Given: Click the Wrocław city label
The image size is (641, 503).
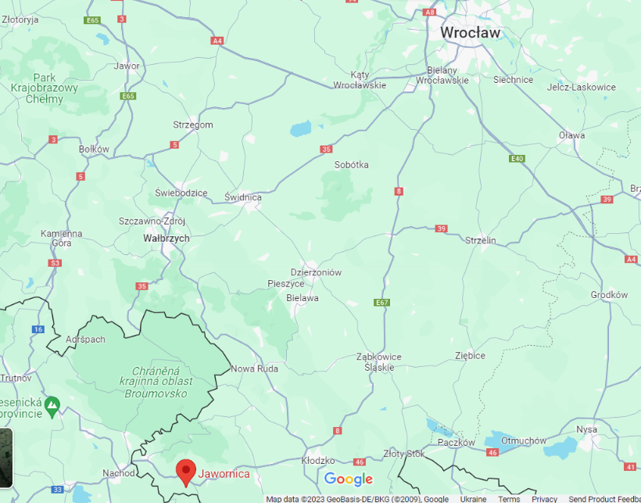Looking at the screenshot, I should (x=470, y=33).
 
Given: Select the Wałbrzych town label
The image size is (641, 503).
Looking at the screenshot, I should (x=166, y=237).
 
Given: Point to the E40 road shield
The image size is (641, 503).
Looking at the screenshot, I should (x=516, y=159).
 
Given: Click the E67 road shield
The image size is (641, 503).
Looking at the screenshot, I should (x=381, y=303).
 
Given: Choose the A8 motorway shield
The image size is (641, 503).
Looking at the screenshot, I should (x=429, y=12).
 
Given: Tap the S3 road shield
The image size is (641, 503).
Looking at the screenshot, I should (x=54, y=263).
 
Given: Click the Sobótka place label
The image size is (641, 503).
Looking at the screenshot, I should (x=351, y=165).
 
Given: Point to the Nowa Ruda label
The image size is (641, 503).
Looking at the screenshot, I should (x=255, y=368).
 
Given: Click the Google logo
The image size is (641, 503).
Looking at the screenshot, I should (x=349, y=479).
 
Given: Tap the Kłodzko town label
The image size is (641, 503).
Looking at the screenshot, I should (x=318, y=462).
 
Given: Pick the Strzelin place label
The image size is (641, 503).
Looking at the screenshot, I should (x=480, y=240).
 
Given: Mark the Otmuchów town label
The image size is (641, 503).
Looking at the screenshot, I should (x=524, y=441).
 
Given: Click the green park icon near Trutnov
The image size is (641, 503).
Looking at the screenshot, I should (x=52, y=405).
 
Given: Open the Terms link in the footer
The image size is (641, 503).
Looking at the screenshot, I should (x=509, y=499).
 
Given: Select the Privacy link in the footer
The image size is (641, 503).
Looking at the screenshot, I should (x=545, y=499).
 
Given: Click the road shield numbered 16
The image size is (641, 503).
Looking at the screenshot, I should (x=38, y=329).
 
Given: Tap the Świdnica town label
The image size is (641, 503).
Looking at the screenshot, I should (x=242, y=197).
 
